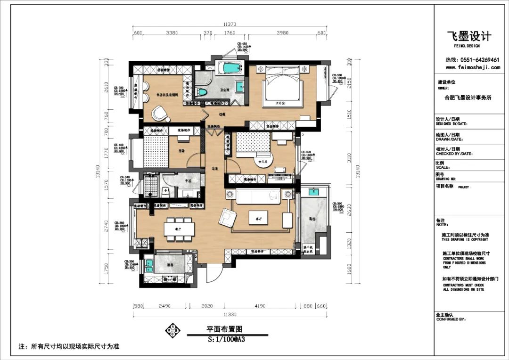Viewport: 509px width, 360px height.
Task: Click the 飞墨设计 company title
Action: (x=468, y=36)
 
